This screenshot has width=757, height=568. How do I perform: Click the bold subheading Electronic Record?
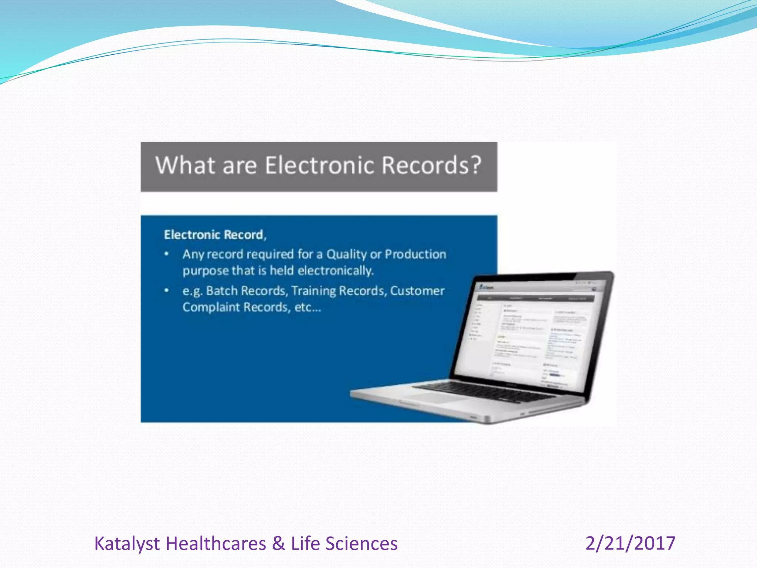tap(214, 235)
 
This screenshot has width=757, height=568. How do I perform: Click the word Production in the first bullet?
tap(415, 254)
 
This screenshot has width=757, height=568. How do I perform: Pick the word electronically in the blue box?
tap(336, 271)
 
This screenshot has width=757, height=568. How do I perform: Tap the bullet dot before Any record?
tap(167, 254)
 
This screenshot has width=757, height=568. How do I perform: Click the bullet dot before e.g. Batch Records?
tap(167, 291)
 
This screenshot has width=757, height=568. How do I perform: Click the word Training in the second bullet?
tap(313, 291)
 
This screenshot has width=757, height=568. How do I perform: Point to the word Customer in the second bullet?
tap(417, 291)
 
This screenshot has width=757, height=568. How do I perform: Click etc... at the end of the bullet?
tap(308, 307)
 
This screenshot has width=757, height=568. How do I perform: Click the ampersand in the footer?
tap(278, 544)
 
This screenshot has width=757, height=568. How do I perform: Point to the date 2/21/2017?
tap(630, 544)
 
